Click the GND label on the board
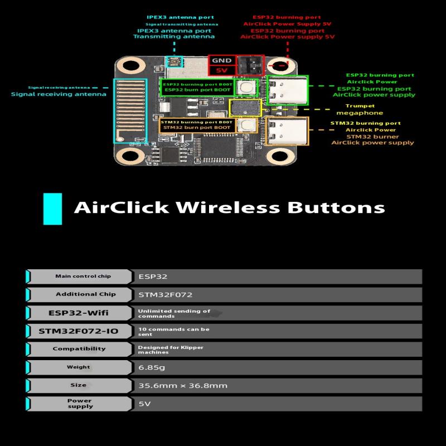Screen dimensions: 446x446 [x=221, y=61]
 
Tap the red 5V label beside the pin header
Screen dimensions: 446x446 [x=221, y=70]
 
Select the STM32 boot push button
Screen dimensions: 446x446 [x=246, y=125]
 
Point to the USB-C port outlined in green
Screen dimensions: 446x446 [x=288, y=90]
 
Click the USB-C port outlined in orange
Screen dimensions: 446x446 [x=287, y=132]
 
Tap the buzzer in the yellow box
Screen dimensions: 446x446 [x=245, y=108]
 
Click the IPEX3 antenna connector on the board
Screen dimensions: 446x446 [x=173, y=61]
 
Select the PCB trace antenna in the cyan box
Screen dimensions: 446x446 [x=130, y=111]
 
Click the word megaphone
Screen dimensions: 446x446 [x=360, y=113]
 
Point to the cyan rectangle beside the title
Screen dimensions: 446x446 [x=52, y=209]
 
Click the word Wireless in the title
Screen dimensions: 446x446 [x=228, y=207]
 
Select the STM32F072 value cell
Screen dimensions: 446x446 [x=165, y=295]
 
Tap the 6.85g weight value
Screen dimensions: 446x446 [x=152, y=367]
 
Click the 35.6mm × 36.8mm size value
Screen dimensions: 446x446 [x=183, y=386]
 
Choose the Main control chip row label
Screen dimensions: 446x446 [x=83, y=276]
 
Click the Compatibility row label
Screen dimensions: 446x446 [x=79, y=349]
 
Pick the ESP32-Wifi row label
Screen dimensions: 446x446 [x=79, y=313]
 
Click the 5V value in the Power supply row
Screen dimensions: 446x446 [x=144, y=404]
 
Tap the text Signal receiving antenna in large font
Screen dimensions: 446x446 [x=59, y=94]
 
